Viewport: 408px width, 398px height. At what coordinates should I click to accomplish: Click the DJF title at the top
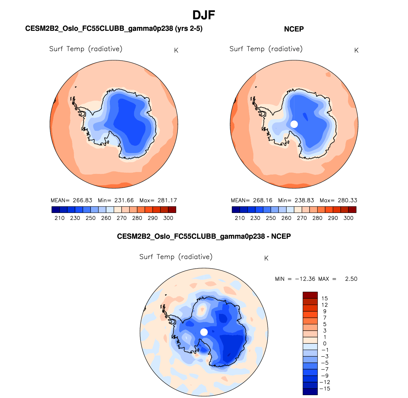point(204,15)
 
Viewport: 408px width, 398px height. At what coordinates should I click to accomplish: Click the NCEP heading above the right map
point(294,29)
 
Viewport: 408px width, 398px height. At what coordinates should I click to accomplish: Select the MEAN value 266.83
point(82,200)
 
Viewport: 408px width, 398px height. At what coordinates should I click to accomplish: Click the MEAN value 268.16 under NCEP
point(263,200)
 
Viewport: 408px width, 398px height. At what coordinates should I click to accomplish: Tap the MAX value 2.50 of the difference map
point(351,279)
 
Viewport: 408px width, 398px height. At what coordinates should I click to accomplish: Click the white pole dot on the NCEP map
point(294,124)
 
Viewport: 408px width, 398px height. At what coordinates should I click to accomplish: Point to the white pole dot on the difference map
point(204,332)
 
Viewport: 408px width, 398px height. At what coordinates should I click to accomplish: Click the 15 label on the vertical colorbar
point(324,298)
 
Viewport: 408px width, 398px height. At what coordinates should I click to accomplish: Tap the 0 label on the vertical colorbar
point(324,343)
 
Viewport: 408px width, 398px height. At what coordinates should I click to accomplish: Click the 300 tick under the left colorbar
point(168,218)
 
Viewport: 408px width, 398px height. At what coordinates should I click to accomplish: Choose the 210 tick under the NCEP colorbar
point(240,218)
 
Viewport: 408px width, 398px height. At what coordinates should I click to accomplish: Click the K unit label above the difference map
point(266,258)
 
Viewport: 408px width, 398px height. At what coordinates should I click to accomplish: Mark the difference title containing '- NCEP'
point(204,236)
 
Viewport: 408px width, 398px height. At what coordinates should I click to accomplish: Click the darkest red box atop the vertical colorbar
point(310,295)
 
